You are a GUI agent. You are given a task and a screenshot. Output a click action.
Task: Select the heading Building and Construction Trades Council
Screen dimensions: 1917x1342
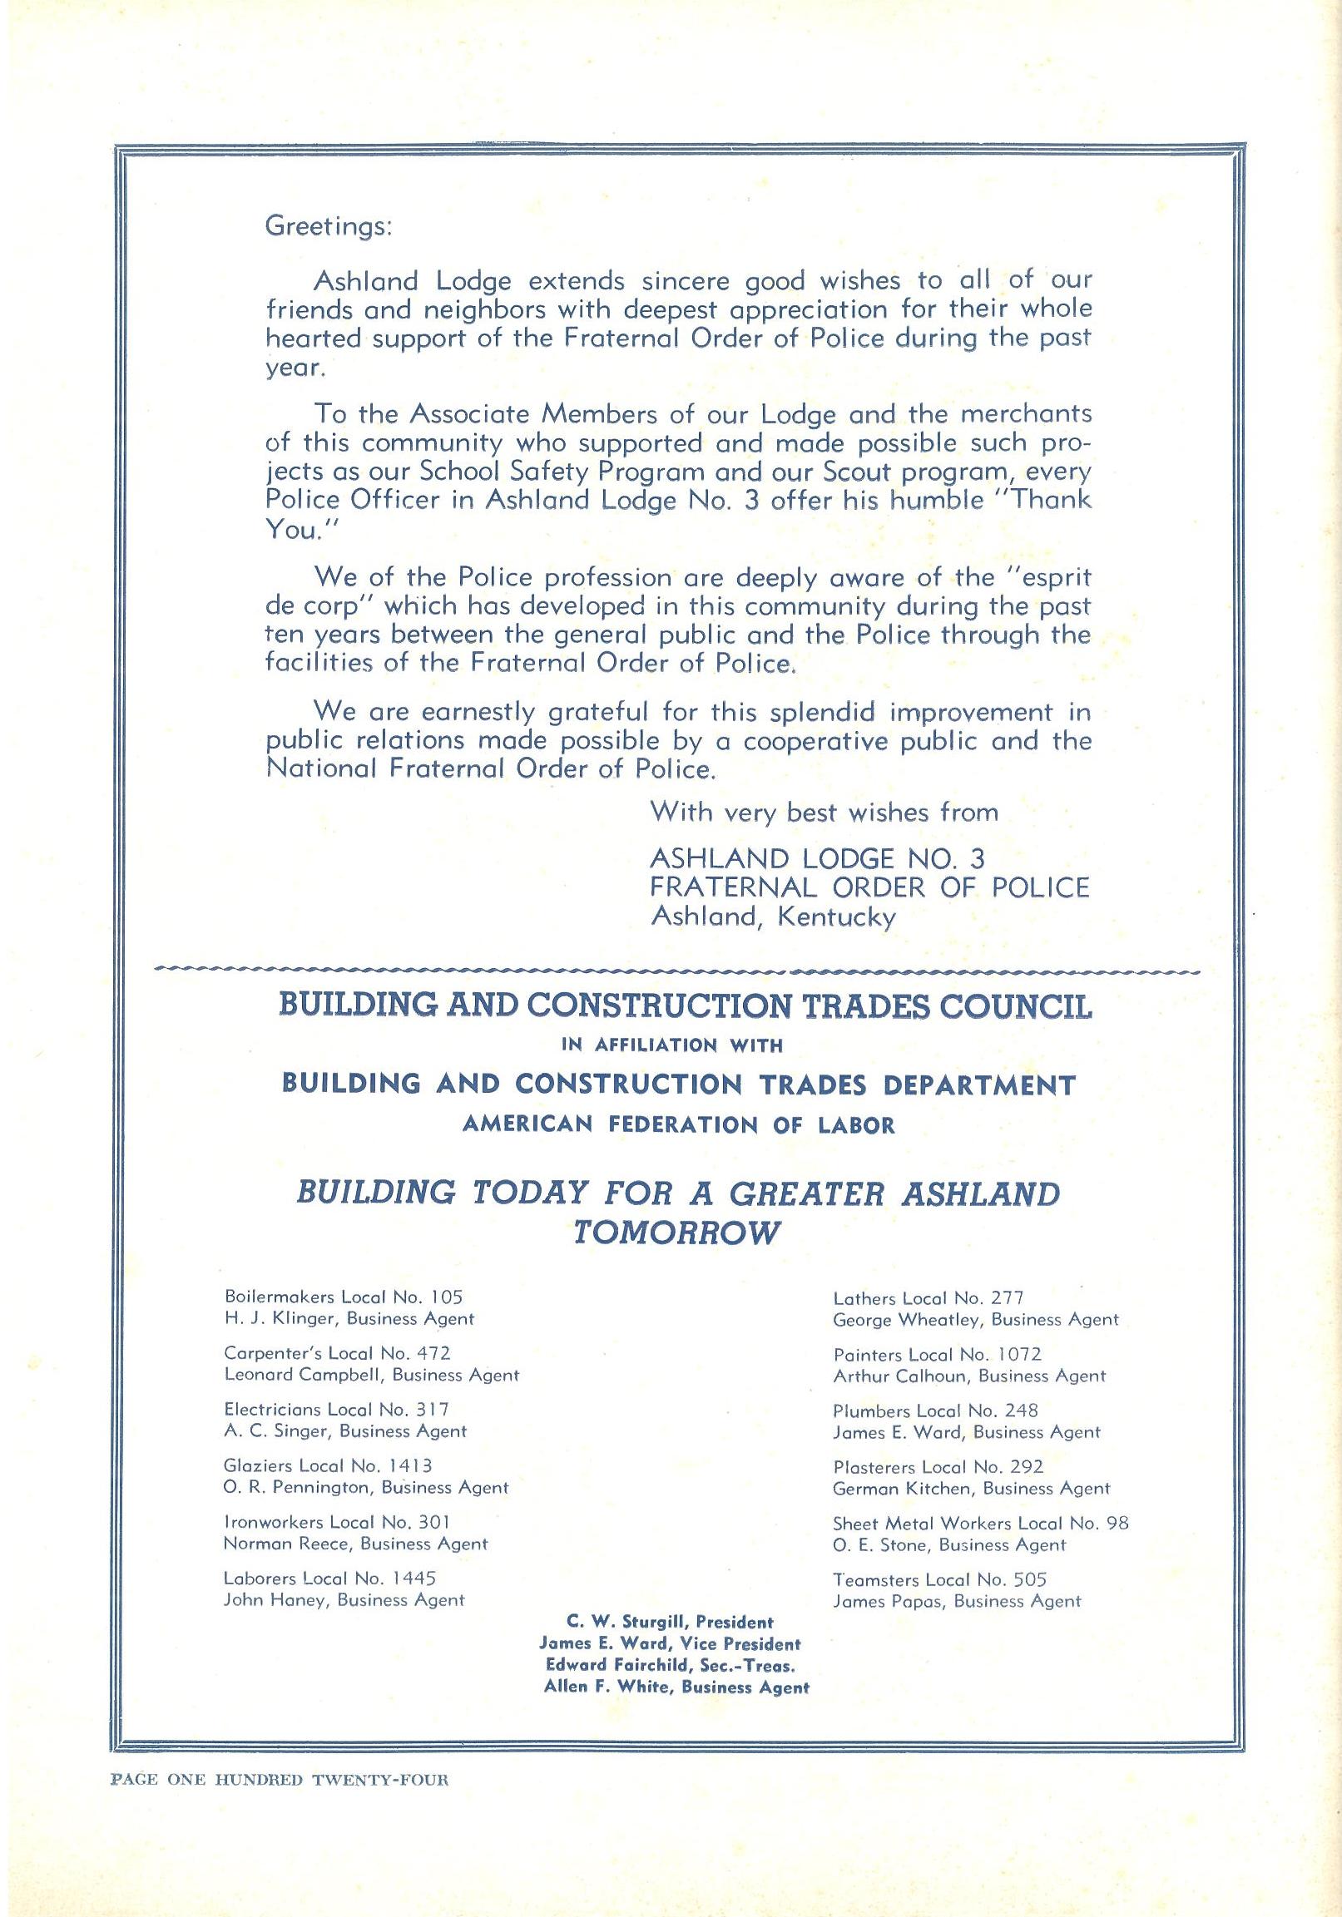point(685,1006)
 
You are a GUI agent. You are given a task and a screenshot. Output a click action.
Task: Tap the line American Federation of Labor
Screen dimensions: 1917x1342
point(678,1125)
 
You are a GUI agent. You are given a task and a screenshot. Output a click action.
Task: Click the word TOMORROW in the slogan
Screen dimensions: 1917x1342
point(676,1233)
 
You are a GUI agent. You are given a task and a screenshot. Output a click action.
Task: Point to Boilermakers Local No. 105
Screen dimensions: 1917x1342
point(344,1297)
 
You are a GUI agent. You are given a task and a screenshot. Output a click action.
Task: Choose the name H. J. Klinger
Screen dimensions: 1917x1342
point(280,1319)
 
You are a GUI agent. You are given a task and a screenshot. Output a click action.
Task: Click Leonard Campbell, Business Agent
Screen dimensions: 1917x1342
point(372,1374)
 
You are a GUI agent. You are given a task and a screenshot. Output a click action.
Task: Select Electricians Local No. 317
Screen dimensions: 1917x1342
point(337,1409)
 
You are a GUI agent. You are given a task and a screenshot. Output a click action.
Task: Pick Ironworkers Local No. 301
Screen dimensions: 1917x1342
point(338,1521)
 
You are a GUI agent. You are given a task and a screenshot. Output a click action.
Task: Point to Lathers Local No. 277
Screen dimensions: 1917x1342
point(928,1298)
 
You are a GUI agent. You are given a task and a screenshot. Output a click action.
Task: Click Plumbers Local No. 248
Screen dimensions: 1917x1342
point(935,1411)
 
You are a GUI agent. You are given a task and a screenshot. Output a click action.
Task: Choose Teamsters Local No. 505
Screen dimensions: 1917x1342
point(939,1579)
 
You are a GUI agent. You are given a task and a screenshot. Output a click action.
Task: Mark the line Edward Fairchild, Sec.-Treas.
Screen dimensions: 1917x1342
point(669,1664)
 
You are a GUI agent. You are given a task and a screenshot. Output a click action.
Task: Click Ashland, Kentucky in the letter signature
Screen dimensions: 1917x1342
point(772,917)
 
